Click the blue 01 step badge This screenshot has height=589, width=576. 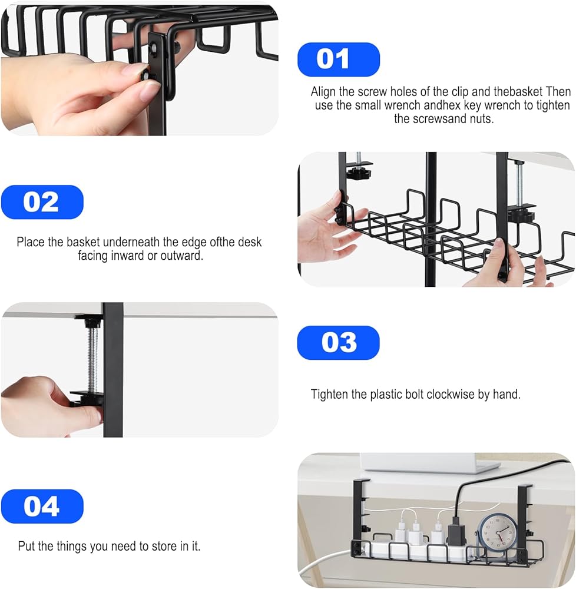tap(338, 59)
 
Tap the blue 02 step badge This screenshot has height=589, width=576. tap(42, 202)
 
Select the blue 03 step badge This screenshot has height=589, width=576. tap(338, 343)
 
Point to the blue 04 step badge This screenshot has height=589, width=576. tap(42, 507)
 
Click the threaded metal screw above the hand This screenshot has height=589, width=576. tap(92, 359)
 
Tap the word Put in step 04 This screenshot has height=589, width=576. tap(27, 546)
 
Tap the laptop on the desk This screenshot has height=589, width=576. tap(430, 463)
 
